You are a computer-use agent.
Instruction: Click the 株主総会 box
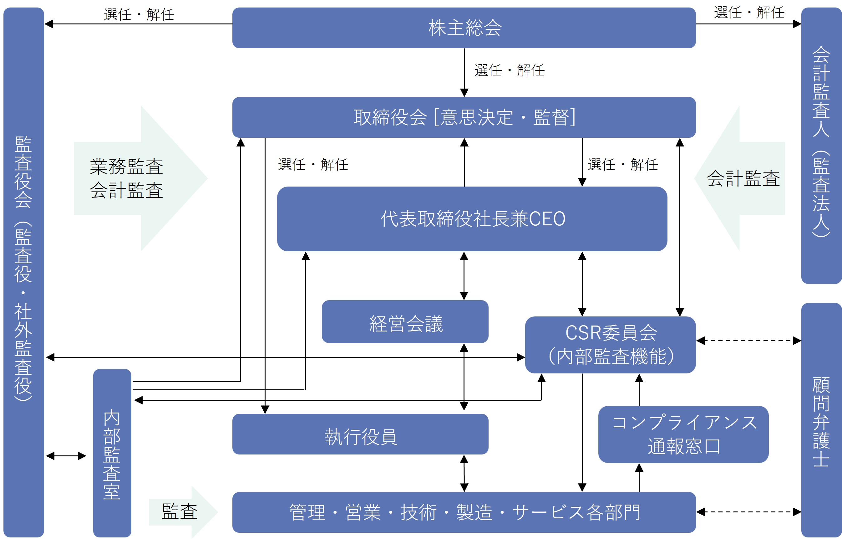(x=464, y=28)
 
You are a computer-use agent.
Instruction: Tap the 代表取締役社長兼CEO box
(x=472, y=219)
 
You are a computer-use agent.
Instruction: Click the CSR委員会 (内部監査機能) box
(x=611, y=345)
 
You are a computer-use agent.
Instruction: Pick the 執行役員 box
(x=360, y=434)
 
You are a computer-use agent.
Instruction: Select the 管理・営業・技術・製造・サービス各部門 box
(x=464, y=512)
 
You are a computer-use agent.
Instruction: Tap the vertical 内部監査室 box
(x=112, y=453)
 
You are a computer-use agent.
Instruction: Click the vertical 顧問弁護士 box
(x=821, y=420)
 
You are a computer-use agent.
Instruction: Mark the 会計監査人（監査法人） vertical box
(x=821, y=145)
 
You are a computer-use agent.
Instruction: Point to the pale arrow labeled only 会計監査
(x=741, y=178)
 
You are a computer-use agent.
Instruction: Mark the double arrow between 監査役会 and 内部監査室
(x=66, y=456)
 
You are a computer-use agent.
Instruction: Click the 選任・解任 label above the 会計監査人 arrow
(x=749, y=13)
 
